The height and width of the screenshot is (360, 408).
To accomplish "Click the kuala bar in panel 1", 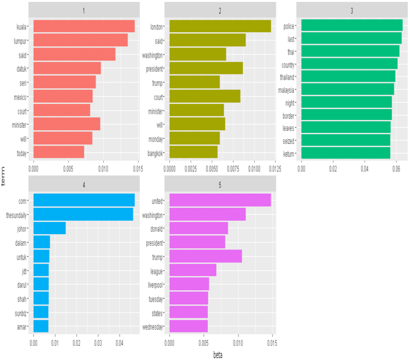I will (x=83, y=26).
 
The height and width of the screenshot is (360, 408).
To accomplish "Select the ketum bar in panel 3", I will (x=346, y=153).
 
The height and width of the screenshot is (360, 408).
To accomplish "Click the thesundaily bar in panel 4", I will (x=83, y=214).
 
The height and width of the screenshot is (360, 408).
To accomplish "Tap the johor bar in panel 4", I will (x=49, y=228).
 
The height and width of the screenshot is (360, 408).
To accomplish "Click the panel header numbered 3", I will (x=351, y=11).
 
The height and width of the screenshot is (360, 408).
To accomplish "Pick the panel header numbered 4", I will (x=84, y=184).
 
